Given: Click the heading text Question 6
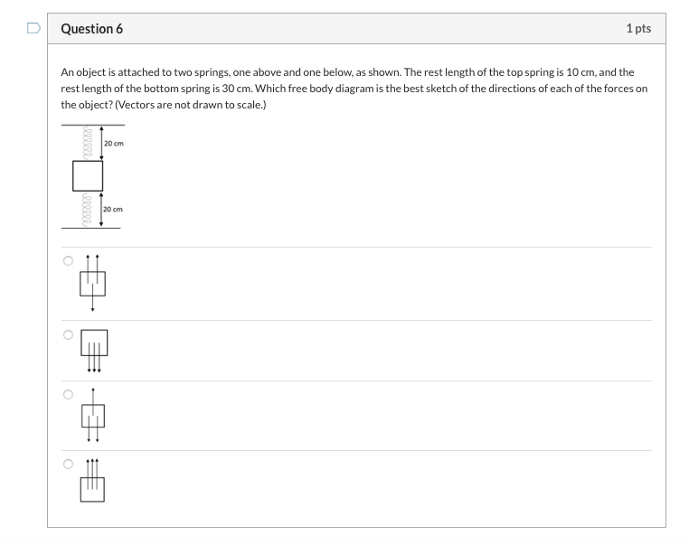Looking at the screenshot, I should point(92,29).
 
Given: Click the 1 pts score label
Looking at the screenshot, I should point(637,29).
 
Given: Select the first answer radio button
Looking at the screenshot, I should point(68,261).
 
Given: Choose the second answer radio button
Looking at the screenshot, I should point(68,334).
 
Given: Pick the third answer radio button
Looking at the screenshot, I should point(68,395).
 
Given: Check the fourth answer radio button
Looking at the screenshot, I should point(68,465).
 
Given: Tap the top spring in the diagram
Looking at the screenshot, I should point(88,142).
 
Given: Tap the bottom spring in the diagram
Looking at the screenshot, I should point(88,209).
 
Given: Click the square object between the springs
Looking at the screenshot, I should point(88,175).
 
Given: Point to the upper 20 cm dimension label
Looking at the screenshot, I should point(113,143).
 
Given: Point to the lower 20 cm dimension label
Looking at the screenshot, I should point(113,209).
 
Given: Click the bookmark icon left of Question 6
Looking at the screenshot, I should point(33,29).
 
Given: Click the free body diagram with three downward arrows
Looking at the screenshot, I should point(94,350).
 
